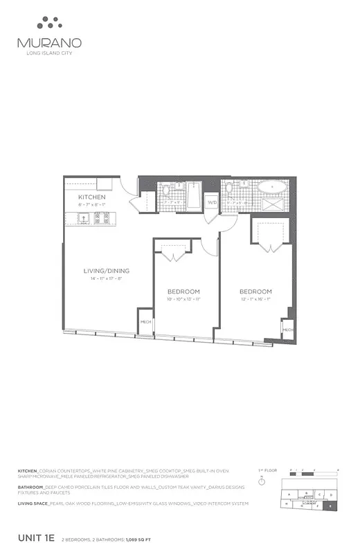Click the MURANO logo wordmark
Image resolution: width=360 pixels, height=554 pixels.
(46, 42)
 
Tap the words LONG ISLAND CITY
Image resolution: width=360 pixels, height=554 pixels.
(46, 53)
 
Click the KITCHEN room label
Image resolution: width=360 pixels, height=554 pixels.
(91, 197)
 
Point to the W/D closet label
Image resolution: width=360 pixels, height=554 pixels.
(212, 202)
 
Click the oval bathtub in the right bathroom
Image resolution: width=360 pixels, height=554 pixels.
(272, 188)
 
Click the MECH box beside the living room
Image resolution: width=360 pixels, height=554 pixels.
(146, 322)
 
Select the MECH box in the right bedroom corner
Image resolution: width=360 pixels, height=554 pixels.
(288, 330)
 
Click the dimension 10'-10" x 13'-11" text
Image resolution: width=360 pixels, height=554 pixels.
(183, 298)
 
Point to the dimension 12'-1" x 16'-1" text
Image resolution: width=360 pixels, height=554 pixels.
(255, 299)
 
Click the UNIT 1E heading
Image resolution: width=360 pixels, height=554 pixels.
(36, 538)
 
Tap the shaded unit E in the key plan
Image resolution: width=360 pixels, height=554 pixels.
(330, 506)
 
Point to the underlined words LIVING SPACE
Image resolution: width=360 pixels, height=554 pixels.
(33, 503)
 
